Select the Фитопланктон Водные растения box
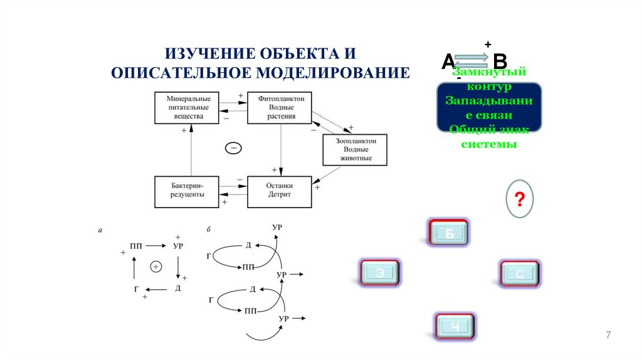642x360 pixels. point(280,108)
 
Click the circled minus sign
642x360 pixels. point(233,148)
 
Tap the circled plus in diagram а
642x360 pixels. point(156,267)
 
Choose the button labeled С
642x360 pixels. point(520,274)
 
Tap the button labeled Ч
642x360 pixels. point(455,326)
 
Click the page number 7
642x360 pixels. point(608,336)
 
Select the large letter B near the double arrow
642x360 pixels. point(500,62)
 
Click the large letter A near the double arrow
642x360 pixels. point(448,61)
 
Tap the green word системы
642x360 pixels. point(489,144)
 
